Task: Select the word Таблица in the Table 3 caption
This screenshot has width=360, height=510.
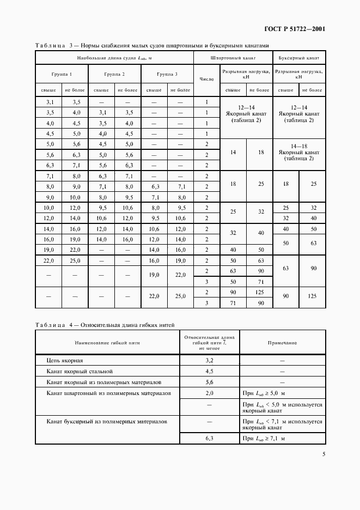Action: (x=50, y=46)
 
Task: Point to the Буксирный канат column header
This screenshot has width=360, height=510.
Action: (x=299, y=57)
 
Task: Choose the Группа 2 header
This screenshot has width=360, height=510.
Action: (x=114, y=74)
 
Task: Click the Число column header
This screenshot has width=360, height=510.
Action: (x=206, y=80)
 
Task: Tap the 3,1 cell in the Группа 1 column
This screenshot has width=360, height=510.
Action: (x=50, y=102)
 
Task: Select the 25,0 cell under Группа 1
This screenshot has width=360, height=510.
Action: (x=76, y=261)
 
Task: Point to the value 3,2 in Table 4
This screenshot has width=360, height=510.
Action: (x=210, y=360)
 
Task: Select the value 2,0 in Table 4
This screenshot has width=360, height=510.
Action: (x=210, y=392)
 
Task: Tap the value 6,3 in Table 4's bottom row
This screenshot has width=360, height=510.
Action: (x=210, y=438)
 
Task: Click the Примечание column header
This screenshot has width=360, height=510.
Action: (x=282, y=343)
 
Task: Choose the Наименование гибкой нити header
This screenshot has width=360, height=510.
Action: (x=108, y=343)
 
